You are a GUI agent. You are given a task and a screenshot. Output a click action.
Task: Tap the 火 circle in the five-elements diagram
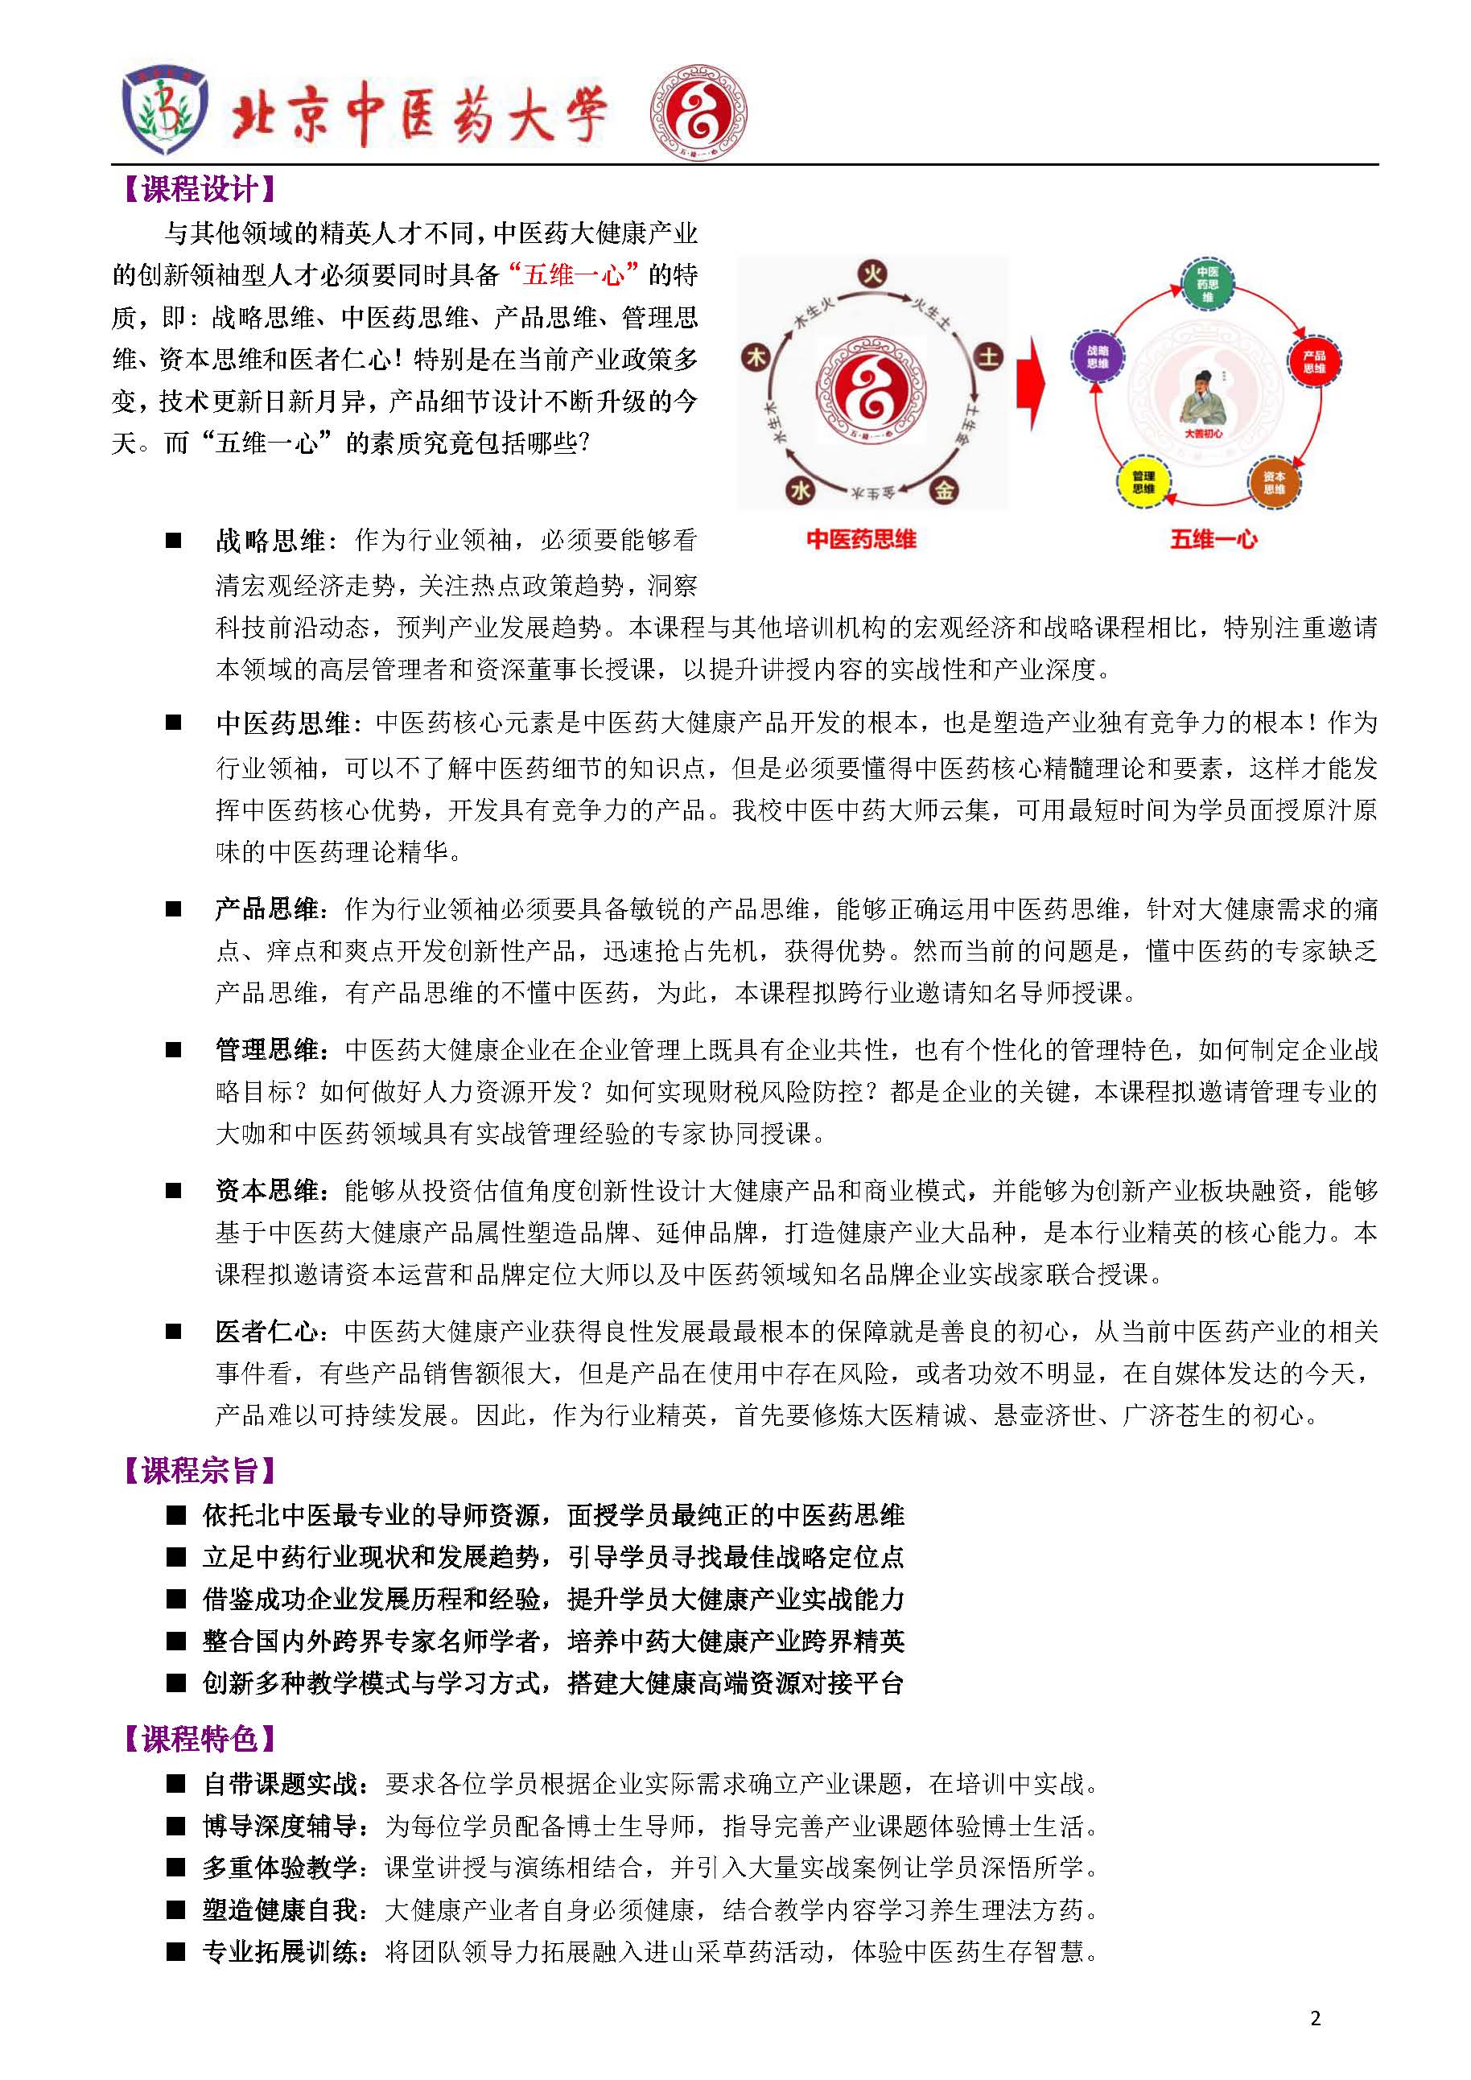click(x=872, y=274)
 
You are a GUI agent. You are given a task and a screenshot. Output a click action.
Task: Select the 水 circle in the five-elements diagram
click(x=800, y=490)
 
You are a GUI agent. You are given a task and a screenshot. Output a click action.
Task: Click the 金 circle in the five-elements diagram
click(x=945, y=490)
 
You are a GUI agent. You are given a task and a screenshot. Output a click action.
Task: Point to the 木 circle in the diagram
click(x=756, y=357)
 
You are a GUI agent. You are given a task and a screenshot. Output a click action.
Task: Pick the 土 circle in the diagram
click(x=987, y=357)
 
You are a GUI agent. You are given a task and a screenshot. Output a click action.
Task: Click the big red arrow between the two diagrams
click(x=1031, y=383)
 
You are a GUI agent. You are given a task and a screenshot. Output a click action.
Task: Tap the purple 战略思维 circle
click(x=1097, y=357)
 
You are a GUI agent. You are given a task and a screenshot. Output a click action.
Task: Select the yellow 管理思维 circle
click(x=1143, y=481)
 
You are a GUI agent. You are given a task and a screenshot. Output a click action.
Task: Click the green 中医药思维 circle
click(x=1207, y=283)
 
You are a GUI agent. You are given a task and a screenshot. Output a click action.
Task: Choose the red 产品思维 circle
click(x=1314, y=361)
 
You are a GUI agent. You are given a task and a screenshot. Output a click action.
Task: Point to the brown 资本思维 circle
click(x=1274, y=482)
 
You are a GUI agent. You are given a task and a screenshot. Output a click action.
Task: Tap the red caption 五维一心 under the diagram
click(x=1213, y=540)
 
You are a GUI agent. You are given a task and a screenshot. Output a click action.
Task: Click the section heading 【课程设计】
click(x=199, y=189)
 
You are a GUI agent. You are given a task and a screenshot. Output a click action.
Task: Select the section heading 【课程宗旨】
click(x=199, y=1470)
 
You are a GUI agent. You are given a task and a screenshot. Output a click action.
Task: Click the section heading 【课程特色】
click(x=199, y=1739)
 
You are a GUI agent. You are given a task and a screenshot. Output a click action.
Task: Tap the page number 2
click(x=1315, y=2018)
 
